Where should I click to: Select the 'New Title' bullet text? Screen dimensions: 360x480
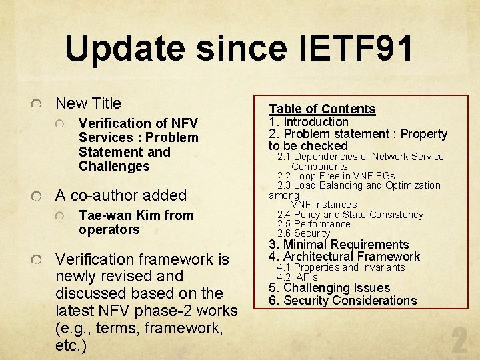(x=88, y=103)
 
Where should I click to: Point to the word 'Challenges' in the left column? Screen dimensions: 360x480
(x=114, y=166)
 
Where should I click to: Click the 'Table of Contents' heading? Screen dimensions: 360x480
(x=322, y=109)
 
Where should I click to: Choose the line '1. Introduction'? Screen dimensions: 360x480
(x=309, y=121)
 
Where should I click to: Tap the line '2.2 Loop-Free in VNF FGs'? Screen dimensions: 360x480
(x=336, y=176)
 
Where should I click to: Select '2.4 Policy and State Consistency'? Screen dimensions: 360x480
(x=350, y=215)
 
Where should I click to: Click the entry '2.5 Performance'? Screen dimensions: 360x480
(x=313, y=224)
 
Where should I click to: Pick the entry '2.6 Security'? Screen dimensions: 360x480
(x=303, y=233)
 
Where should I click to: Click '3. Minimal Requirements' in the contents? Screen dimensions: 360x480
(x=339, y=245)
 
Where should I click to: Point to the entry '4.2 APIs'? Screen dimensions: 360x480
(x=297, y=277)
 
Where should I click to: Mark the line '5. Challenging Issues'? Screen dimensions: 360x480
(x=329, y=288)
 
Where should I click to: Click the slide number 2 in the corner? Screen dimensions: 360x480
(x=459, y=341)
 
